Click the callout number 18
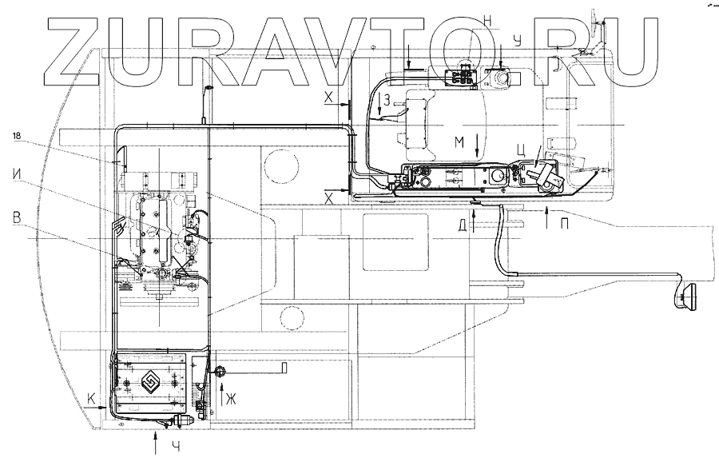pos(17,137)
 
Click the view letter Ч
pos(177,446)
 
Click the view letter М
pos(459,141)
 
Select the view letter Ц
pos(520,148)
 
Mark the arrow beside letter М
pos(477,145)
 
